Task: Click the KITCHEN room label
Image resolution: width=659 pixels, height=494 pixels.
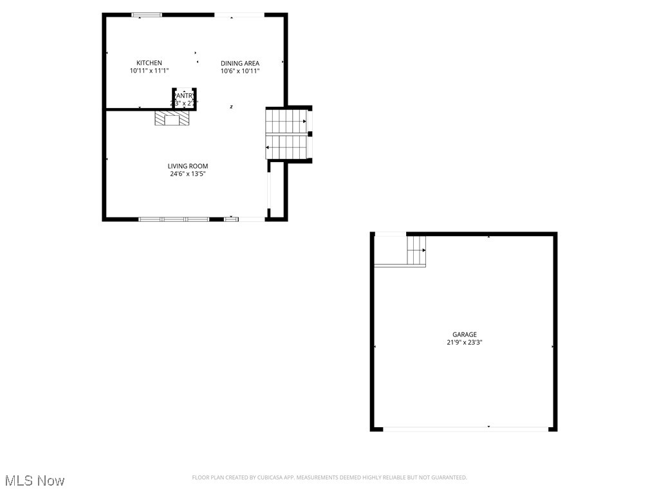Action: (149, 63)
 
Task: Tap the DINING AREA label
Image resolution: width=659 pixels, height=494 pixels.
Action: (240, 63)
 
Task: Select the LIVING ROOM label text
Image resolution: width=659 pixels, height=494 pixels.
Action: (188, 166)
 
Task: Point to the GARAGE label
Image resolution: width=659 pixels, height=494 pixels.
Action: (464, 334)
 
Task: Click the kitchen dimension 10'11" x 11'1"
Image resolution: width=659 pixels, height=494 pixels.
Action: (149, 71)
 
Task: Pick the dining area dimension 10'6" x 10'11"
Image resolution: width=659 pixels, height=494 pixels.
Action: (240, 71)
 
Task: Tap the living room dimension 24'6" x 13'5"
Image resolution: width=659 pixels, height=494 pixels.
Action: (188, 174)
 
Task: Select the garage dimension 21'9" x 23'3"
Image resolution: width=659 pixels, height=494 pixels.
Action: (464, 343)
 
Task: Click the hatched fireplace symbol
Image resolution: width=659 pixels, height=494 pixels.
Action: (172, 118)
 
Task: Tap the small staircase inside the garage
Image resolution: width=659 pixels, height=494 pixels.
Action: (416, 250)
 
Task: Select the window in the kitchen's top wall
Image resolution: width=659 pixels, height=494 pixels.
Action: (146, 15)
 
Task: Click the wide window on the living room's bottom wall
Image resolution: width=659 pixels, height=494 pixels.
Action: (173, 219)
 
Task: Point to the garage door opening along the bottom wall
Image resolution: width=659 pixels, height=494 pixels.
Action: (467, 428)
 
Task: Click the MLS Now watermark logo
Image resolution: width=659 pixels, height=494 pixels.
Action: (35, 480)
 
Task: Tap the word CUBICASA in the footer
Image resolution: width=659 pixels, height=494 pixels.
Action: (267, 477)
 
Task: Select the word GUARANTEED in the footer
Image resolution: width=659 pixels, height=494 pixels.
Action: (446, 477)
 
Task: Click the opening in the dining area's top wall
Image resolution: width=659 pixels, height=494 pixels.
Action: (239, 15)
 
